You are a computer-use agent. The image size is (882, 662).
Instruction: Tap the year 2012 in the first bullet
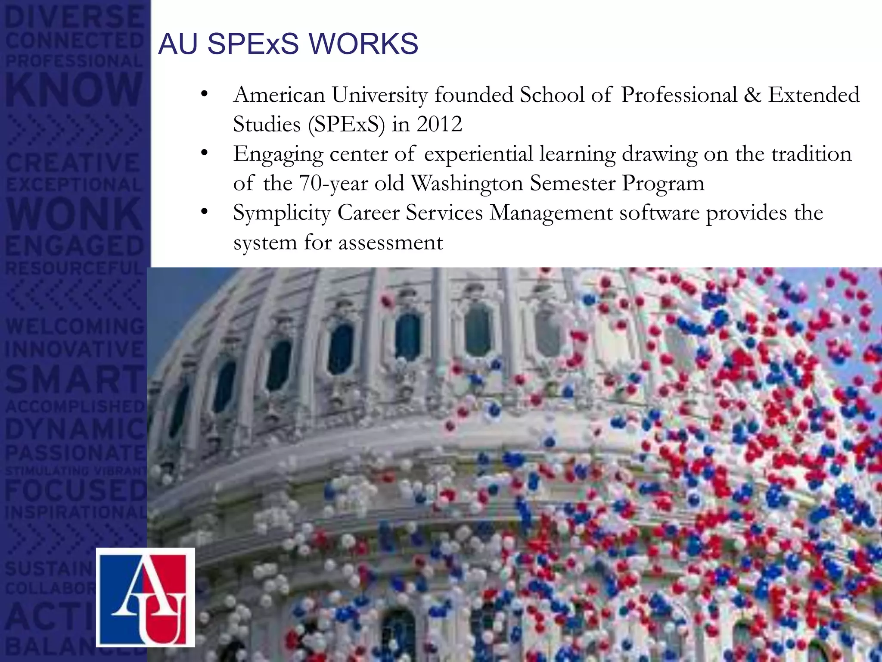pyautogui.click(x=439, y=125)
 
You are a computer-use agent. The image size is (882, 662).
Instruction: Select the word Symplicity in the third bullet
pyautogui.click(x=282, y=213)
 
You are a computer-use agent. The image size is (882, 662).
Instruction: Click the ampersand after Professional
pyautogui.click(x=752, y=95)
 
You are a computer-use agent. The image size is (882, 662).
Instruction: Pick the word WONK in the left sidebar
pyautogui.click(x=74, y=214)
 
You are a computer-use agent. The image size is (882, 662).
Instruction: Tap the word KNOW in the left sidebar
pyautogui.click(x=74, y=89)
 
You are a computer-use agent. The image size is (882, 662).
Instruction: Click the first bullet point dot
pyautogui.click(x=204, y=94)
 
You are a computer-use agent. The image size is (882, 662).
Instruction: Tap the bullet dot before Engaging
pyautogui.click(x=204, y=153)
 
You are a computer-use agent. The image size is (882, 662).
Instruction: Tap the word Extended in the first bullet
pyautogui.click(x=814, y=95)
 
